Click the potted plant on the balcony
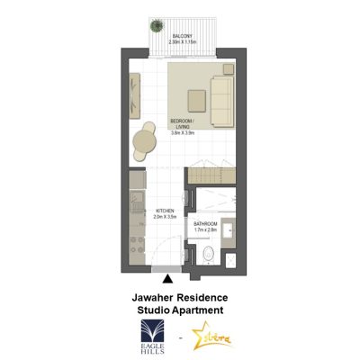point(158,25)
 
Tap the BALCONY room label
point(182,36)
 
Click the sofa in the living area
point(222,92)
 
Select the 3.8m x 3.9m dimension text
point(184,132)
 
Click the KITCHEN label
point(165,211)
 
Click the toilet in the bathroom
point(208,254)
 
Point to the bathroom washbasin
point(229,231)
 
